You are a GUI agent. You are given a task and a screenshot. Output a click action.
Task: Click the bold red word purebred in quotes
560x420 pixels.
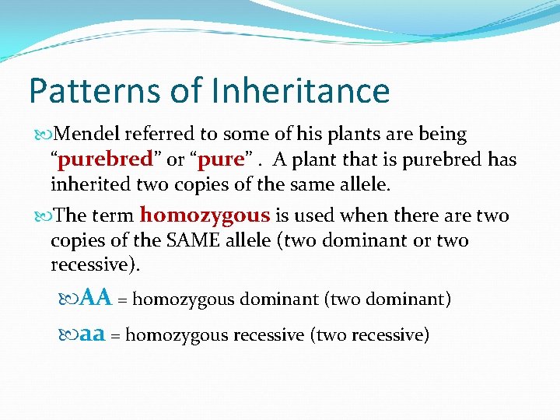(x=105, y=159)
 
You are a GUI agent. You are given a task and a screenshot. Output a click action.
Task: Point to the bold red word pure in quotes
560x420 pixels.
(x=222, y=159)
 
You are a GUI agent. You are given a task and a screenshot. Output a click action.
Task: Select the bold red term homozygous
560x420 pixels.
(x=205, y=215)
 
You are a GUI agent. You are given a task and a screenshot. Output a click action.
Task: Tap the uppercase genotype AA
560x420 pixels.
(x=96, y=298)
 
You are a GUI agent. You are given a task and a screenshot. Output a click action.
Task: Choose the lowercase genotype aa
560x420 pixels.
(x=93, y=334)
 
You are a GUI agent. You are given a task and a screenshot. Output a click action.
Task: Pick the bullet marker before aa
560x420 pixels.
(x=69, y=335)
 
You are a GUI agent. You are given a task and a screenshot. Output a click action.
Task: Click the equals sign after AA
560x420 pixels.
(x=123, y=299)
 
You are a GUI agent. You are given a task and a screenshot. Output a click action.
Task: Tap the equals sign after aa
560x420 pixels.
(x=115, y=335)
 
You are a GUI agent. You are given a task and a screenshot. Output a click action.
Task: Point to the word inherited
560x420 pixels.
(x=88, y=184)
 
